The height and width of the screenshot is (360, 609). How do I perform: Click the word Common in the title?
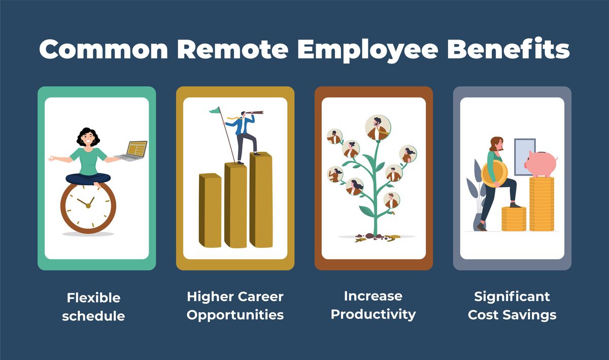click(104, 50)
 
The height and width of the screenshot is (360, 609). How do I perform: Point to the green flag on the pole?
click(214, 110)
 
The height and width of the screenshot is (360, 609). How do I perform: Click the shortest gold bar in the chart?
click(210, 211)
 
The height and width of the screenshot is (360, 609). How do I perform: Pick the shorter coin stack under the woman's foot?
click(514, 219)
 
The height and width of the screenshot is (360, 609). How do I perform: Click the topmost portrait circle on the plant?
click(378, 127)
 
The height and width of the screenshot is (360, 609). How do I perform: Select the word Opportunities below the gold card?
click(235, 314)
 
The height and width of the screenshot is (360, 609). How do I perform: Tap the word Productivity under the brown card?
click(373, 314)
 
